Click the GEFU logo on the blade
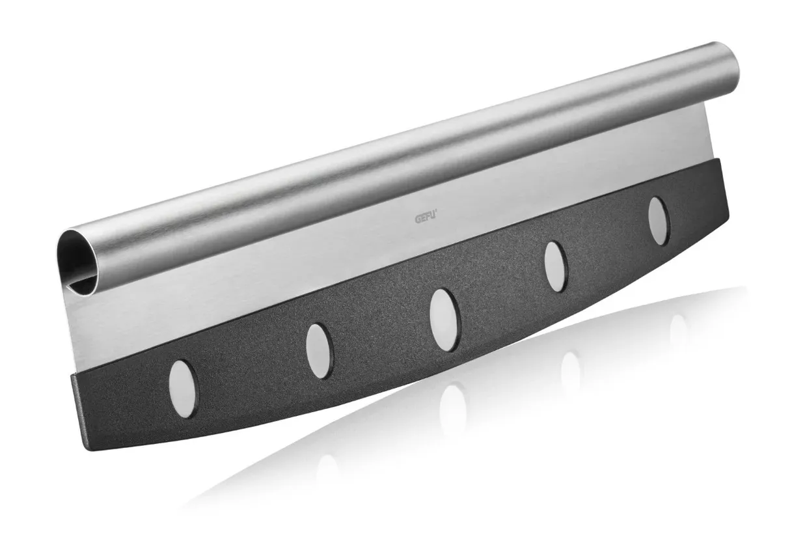click(x=426, y=219)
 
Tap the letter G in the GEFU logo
click(x=417, y=220)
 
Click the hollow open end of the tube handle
click(x=77, y=263)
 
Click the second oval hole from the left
click(x=320, y=351)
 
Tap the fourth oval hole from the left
click(x=556, y=267)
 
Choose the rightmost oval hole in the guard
click(x=659, y=221)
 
